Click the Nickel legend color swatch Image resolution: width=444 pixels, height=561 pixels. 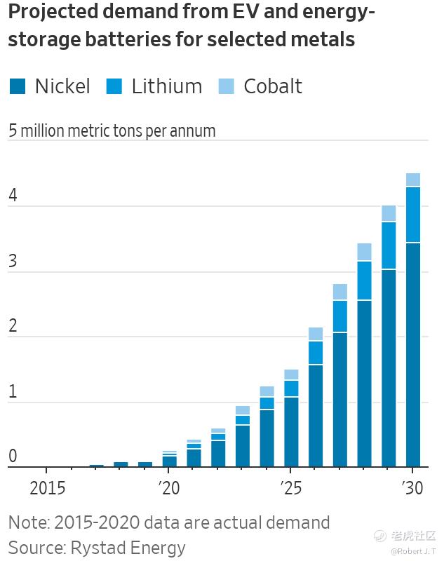pos(18,86)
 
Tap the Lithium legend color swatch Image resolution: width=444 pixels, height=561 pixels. pos(114,86)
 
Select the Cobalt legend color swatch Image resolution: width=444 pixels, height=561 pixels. pos(227,86)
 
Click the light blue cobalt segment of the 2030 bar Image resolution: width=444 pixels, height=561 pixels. pos(413,180)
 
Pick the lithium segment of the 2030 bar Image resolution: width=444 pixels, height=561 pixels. pos(413,215)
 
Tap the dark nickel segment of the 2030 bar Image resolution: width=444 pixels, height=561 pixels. pos(413,354)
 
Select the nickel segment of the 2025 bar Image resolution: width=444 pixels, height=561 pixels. pos(291,432)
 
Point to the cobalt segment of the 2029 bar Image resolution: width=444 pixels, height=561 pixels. pos(389,213)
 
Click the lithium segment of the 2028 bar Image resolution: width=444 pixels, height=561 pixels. pos(364,280)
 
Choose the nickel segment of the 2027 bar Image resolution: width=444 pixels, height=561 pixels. pos(340,400)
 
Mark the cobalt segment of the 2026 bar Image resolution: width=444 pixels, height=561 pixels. pos(316,334)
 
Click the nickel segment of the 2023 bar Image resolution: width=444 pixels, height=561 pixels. pos(243,446)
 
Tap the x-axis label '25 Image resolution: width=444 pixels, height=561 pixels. pos(290,487)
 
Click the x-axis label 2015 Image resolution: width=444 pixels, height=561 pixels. pos(48,487)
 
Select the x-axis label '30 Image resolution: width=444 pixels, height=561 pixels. pos(413,487)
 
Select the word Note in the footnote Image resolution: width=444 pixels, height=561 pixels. pos(28,522)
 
